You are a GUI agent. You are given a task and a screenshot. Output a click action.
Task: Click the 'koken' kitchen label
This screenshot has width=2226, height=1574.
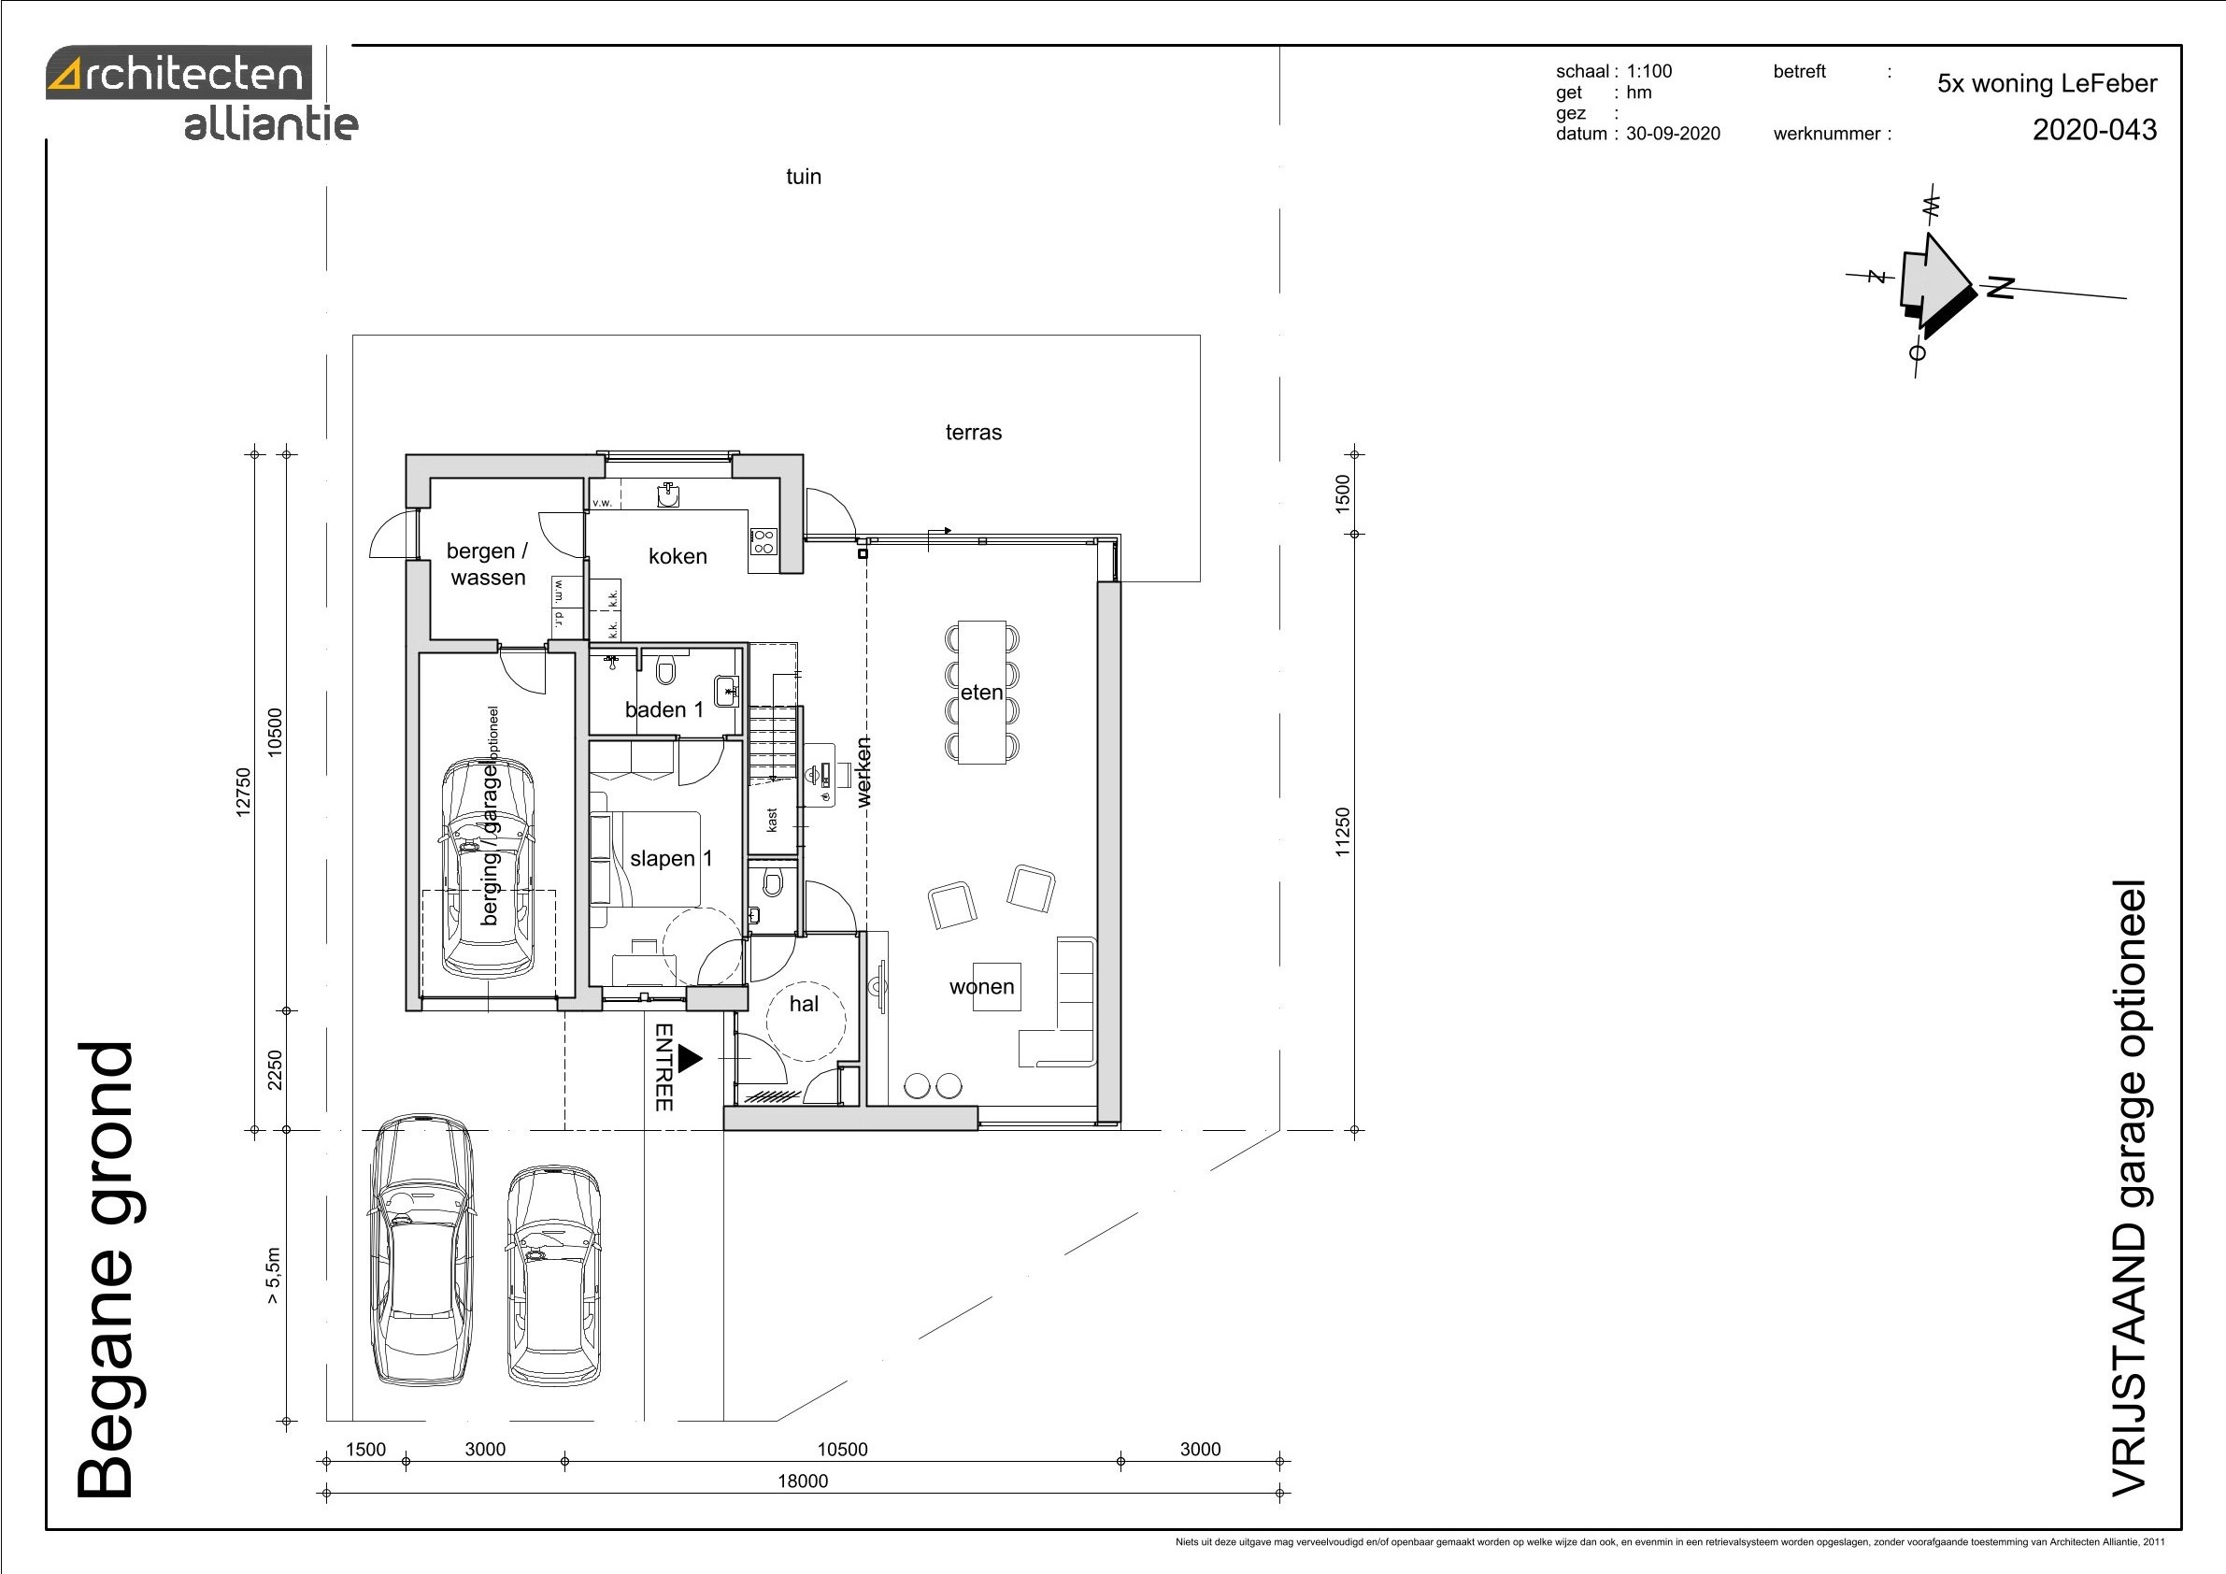click(x=678, y=557)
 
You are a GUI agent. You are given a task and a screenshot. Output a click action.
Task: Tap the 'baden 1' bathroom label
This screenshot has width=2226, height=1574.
click(x=664, y=710)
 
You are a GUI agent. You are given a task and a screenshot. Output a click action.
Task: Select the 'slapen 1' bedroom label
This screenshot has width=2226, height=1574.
click(x=671, y=858)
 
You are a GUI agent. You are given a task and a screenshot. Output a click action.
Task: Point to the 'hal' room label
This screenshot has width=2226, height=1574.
click(x=804, y=1004)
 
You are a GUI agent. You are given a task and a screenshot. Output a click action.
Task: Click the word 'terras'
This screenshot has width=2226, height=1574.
click(x=974, y=433)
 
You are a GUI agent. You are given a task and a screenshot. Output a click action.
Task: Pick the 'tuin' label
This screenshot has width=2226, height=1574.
click(x=804, y=177)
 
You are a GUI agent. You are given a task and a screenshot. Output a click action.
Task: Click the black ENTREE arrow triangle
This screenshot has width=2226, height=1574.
click(x=690, y=1059)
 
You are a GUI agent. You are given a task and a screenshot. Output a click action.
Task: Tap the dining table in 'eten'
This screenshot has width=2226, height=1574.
click(x=982, y=693)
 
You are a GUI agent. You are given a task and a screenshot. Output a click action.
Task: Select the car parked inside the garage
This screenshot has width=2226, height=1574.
click(x=489, y=867)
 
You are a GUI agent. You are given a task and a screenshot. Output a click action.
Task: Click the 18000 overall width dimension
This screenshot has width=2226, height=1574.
click(x=803, y=1481)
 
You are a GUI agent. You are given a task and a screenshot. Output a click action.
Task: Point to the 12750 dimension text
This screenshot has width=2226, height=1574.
click(x=243, y=793)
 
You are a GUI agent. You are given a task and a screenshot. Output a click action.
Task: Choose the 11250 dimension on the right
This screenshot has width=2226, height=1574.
click(x=1342, y=832)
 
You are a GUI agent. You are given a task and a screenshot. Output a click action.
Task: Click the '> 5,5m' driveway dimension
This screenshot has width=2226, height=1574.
click(x=275, y=1275)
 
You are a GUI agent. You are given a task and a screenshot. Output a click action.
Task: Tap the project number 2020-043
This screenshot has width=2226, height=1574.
click(x=2095, y=130)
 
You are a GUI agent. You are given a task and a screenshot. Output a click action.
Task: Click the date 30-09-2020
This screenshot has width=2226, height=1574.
click(x=1674, y=134)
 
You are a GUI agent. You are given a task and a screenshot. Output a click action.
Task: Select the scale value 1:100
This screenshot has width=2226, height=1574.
click(x=1649, y=71)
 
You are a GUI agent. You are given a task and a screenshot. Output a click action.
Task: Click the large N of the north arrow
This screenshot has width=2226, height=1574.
click(x=2000, y=287)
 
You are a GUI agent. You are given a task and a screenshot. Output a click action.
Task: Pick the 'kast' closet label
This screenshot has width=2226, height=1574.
click(x=772, y=820)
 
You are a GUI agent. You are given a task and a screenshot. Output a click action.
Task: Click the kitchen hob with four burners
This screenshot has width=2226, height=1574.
click(x=763, y=541)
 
